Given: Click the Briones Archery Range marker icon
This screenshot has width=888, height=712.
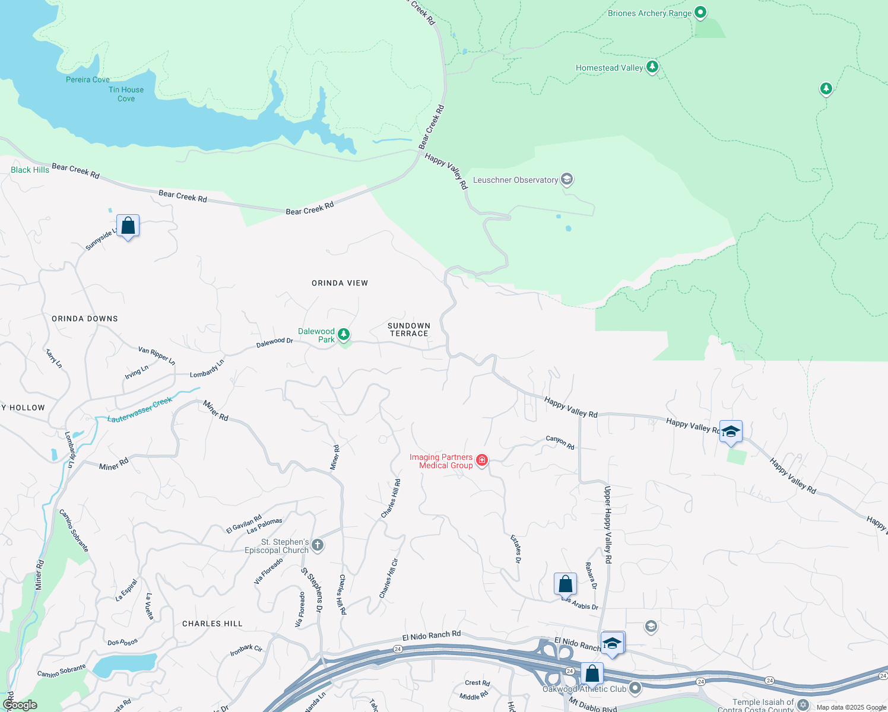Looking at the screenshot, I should pos(700,12).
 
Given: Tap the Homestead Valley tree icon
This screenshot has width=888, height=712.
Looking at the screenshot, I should pos(652,66).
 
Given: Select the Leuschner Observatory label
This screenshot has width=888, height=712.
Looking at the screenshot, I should pos(515,180).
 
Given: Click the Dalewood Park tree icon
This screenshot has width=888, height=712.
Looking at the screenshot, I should pos(343,335).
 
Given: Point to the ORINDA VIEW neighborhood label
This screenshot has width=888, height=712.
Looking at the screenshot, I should pos(340,283).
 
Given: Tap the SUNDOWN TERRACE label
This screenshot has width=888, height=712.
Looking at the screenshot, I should pos(409,329).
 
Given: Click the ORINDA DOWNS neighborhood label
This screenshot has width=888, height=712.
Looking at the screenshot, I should pos(85,319).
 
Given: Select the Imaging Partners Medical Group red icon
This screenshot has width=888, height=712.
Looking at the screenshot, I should pos(482,460).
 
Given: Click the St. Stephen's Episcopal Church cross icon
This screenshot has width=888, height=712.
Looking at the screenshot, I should pos(318,545).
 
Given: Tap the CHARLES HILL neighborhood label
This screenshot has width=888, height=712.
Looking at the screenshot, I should pos(212,624).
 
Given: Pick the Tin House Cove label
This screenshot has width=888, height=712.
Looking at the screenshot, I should pos(126,94).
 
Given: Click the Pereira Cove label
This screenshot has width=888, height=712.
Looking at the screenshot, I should pos(88,80).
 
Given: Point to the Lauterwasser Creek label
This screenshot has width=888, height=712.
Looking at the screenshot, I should pos(139,410).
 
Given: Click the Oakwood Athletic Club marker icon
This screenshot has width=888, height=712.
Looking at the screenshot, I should pos(635,688).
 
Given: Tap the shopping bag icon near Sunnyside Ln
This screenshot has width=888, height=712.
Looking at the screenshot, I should pos(128,226).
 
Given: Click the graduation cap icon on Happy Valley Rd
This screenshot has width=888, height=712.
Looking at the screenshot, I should pos(731,431).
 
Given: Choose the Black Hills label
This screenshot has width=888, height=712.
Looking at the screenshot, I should pos(30,170).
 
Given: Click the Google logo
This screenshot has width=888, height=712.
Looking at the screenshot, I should pos(20,705).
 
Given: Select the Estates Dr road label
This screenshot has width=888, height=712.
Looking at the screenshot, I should pos(516,548).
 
